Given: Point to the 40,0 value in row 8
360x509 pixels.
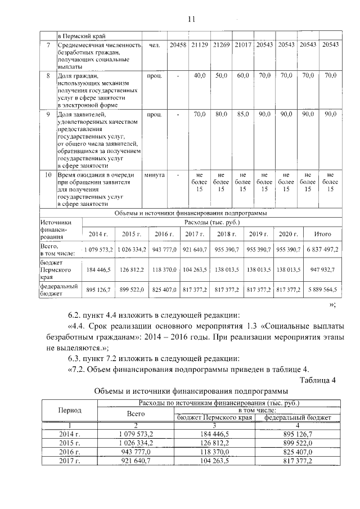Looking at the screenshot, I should point(199,74).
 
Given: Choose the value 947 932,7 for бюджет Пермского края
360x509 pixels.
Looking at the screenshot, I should point(322,270).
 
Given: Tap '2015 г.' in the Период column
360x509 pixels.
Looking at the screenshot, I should point(70,443).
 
